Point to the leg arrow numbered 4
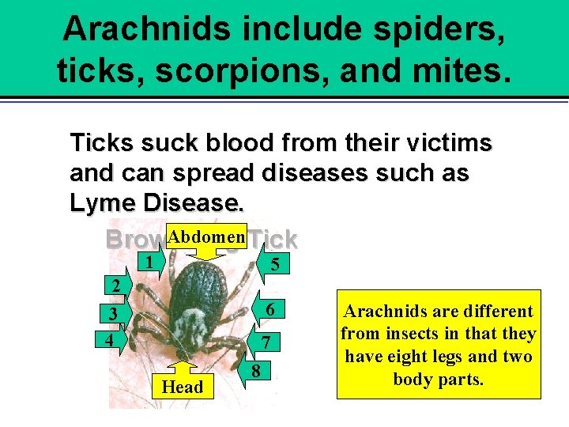tap(108, 341)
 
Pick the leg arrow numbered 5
tap(273, 265)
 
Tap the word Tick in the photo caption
tap(276, 239)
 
